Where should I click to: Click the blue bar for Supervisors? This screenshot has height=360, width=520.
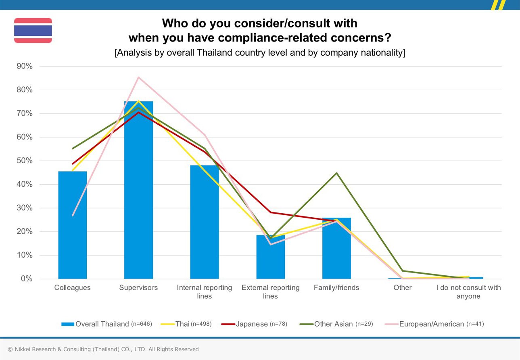[x=139, y=190]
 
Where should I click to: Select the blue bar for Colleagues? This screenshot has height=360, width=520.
[x=73, y=225]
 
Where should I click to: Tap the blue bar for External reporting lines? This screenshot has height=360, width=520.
[x=270, y=257]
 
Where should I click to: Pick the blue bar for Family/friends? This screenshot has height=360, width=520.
[x=336, y=248]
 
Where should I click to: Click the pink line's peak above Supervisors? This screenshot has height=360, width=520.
[x=138, y=77]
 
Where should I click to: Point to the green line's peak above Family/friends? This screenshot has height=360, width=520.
[x=336, y=173]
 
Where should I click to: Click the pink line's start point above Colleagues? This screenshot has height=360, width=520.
[x=73, y=216]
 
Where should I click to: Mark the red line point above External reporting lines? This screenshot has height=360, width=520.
[x=270, y=212]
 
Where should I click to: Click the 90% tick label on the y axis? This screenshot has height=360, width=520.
[x=24, y=67]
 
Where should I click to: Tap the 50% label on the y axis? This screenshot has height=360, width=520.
[x=24, y=161]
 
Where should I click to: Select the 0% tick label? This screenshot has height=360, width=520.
[x=27, y=279]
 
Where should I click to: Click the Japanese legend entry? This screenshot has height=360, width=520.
[x=254, y=324]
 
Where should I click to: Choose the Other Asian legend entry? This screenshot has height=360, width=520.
[x=336, y=324]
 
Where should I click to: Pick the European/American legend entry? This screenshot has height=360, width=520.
[x=434, y=324]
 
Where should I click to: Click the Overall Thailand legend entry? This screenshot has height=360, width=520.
[x=107, y=324]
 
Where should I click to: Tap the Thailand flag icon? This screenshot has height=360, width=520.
[x=33, y=30]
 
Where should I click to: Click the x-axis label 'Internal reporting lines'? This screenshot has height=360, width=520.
[x=204, y=292]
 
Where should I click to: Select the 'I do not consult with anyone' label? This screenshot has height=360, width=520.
[x=468, y=292]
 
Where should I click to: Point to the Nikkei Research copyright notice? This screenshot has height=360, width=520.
[x=103, y=350]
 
